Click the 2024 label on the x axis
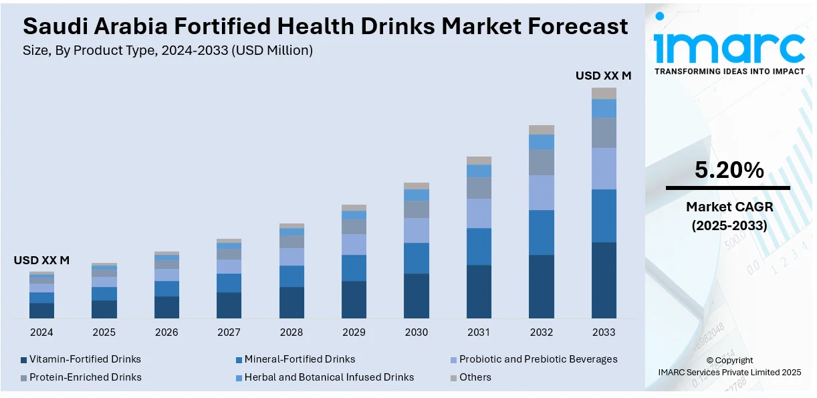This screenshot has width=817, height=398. (x=41, y=332)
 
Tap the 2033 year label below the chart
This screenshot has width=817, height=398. (x=604, y=332)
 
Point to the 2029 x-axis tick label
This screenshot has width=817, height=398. (x=354, y=332)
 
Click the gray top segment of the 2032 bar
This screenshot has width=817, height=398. (x=542, y=130)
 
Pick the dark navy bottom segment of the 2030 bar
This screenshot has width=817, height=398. (x=417, y=296)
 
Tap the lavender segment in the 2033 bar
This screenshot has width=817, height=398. (x=604, y=169)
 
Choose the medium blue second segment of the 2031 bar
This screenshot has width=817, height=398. (x=479, y=247)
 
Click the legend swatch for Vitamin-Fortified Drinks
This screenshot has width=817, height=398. (x=24, y=360)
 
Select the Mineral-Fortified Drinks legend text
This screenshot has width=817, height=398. (x=300, y=359)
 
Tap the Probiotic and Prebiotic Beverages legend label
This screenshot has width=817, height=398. (x=538, y=359)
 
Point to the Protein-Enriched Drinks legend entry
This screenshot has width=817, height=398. (x=86, y=377)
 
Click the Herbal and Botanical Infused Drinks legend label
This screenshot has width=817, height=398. (x=329, y=377)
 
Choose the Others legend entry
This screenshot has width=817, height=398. (x=475, y=377)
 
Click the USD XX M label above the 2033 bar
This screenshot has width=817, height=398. (x=603, y=76)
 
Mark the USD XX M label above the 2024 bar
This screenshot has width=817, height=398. (x=41, y=260)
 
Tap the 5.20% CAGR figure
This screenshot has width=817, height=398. (x=729, y=171)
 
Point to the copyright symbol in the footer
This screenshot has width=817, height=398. (x=710, y=361)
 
